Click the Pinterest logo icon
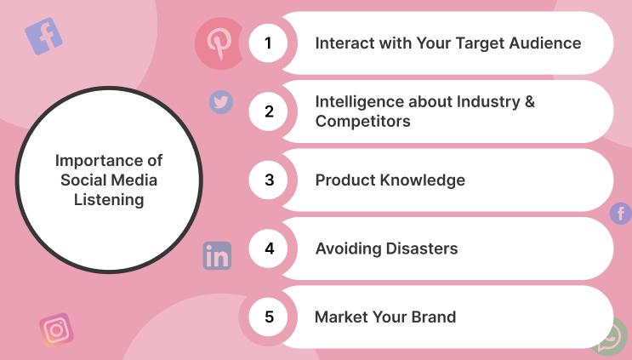click(x=219, y=43)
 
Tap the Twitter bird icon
click(x=221, y=102)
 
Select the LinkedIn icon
click(x=217, y=255)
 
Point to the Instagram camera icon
click(x=56, y=330)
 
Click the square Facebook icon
click(x=43, y=36)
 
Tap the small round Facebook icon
click(x=621, y=214)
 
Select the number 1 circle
click(x=268, y=43)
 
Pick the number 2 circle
click(x=268, y=111)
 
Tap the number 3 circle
click(x=268, y=180)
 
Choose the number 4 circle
click(x=268, y=249)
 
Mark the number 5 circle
click(x=268, y=317)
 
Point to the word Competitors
click(x=362, y=122)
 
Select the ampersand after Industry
click(x=530, y=101)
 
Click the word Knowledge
click(x=422, y=180)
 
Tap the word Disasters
click(x=422, y=249)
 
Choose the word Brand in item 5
click(x=434, y=317)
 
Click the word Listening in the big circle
click(x=109, y=200)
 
